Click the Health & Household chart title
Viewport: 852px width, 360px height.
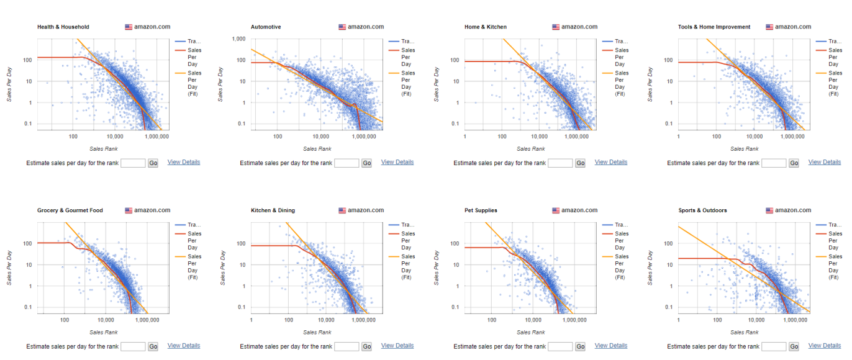63,27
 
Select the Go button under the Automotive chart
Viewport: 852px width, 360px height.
366,163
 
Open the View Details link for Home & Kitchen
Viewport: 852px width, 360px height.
611,162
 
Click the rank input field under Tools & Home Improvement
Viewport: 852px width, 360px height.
774,163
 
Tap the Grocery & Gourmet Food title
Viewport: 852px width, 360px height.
70,210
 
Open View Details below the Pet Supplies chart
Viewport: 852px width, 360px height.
611,346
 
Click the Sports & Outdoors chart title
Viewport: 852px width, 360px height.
702,210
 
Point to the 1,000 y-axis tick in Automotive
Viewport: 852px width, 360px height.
238,38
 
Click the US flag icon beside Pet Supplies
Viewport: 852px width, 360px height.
556,210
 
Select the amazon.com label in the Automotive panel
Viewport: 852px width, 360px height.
366,27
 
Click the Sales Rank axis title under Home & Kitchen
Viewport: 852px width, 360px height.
530,149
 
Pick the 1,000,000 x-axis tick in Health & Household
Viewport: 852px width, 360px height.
155,136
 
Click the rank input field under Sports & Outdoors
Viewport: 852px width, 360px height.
774,346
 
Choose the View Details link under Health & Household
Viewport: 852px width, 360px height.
184,162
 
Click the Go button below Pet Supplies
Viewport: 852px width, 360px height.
580,347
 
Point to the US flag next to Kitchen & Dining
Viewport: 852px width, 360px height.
342,210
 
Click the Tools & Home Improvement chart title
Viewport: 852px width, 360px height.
714,27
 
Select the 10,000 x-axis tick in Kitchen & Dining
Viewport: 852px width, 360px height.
326,320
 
